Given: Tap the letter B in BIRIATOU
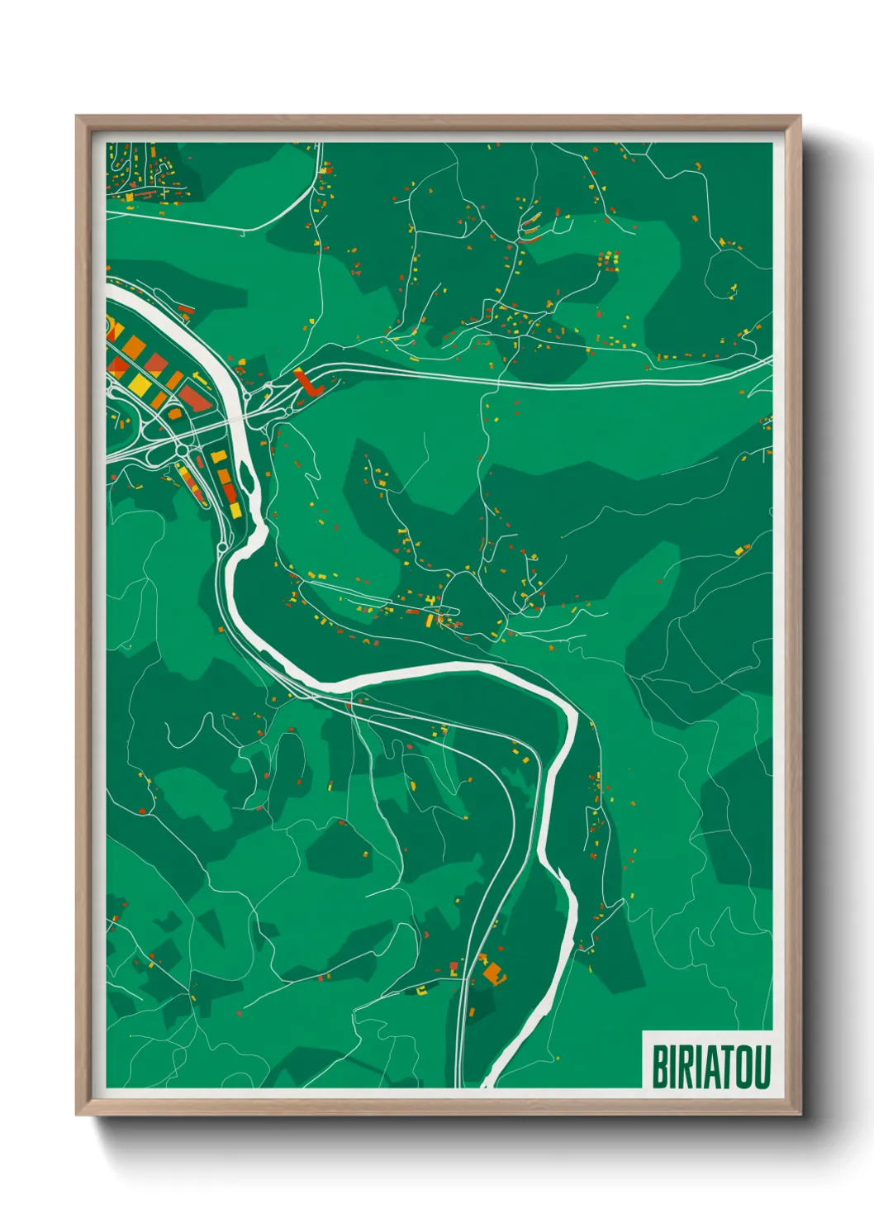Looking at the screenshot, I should click(660, 1067).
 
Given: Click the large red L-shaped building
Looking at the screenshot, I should click(307, 383).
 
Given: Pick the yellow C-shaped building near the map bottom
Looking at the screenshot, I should click(422, 987).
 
